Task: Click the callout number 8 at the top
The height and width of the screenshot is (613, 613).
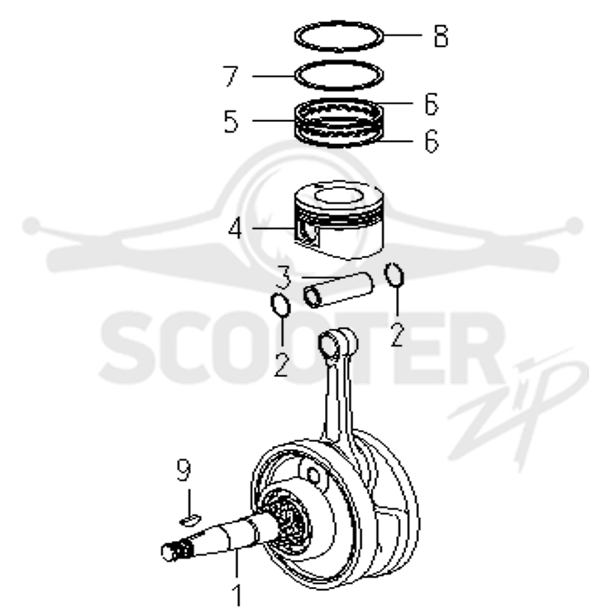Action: [x=441, y=36]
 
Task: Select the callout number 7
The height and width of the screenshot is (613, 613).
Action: [x=231, y=76]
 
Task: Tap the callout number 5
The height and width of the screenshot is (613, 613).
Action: [x=231, y=121]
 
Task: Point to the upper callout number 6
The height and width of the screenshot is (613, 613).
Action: [x=431, y=104]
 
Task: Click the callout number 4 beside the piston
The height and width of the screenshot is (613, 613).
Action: [x=235, y=229]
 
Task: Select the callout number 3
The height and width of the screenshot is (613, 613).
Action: [x=284, y=277]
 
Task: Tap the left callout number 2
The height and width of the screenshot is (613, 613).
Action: [x=281, y=365]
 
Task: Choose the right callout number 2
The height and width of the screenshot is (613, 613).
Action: [x=397, y=335]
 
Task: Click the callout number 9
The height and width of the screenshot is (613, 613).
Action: [x=183, y=470]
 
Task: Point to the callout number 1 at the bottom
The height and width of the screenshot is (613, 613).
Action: [x=237, y=595]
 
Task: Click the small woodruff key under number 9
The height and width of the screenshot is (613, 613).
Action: [x=190, y=520]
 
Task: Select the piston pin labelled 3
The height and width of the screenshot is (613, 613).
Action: [x=339, y=290]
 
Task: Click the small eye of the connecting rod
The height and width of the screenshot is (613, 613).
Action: [x=329, y=343]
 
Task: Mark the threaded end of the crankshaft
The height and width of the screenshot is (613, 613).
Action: [x=177, y=551]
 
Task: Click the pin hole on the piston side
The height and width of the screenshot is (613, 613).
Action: [x=307, y=234]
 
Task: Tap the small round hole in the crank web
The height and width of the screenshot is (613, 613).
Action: [x=313, y=476]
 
